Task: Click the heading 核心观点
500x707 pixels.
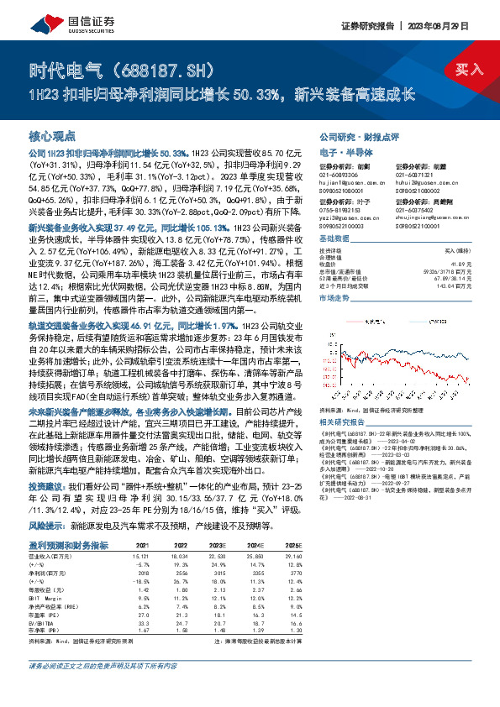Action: [52, 135]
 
